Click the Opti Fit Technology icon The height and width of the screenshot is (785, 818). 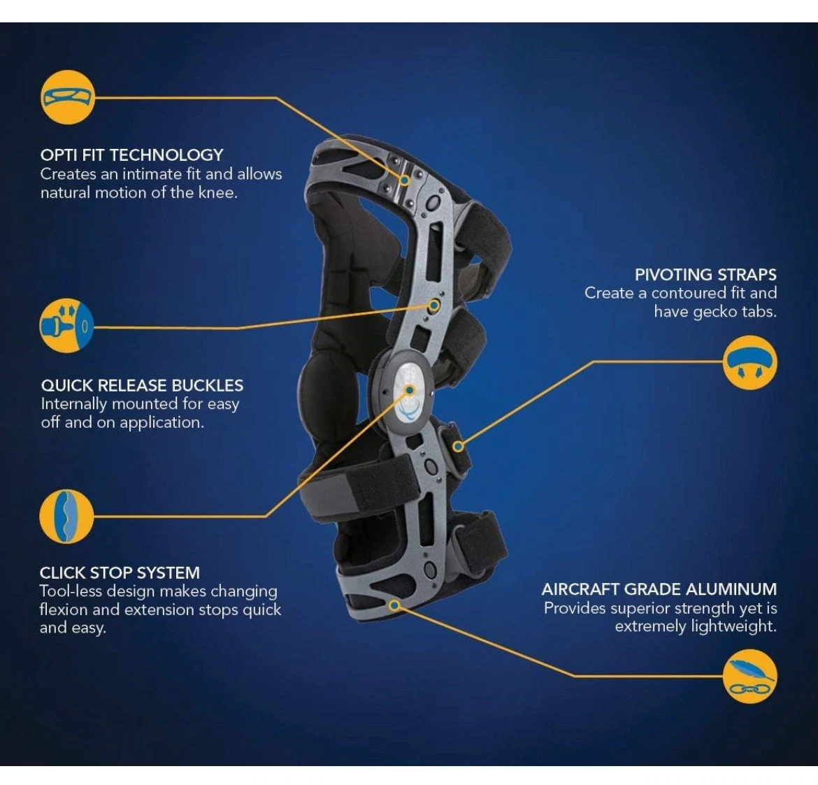pyautogui.click(x=67, y=97)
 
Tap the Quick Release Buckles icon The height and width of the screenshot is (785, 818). pyautogui.click(x=67, y=326)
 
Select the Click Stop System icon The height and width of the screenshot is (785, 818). pyautogui.click(x=66, y=517)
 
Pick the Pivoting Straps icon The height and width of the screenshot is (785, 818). pyautogui.click(x=749, y=362)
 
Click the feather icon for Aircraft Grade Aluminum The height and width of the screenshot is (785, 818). pyautogui.click(x=749, y=677)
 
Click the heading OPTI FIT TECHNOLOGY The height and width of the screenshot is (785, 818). pyautogui.click(x=131, y=154)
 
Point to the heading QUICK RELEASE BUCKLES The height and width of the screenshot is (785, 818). pyautogui.click(x=142, y=385)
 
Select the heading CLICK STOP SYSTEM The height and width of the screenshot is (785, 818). pyautogui.click(x=120, y=573)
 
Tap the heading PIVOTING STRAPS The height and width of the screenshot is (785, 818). pyautogui.click(x=705, y=274)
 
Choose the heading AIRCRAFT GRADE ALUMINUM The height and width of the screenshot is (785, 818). pyautogui.click(x=659, y=589)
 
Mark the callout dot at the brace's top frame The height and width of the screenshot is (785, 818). pyautogui.click(x=404, y=180)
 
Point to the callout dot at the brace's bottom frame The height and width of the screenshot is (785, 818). pyautogui.click(x=394, y=605)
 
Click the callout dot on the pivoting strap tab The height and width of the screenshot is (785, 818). pyautogui.click(x=458, y=445)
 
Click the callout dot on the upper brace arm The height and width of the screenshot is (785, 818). pyautogui.click(x=434, y=305)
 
